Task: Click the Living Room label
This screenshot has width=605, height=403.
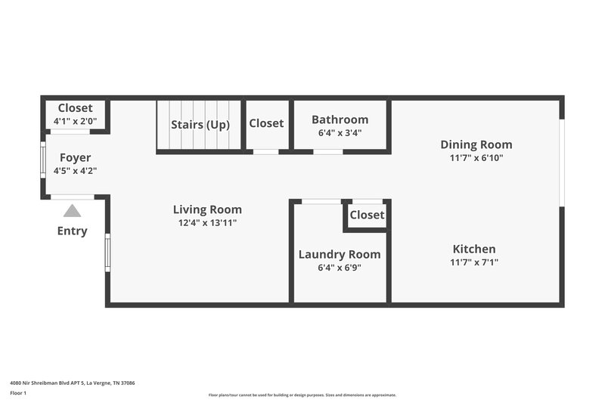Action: [207, 209]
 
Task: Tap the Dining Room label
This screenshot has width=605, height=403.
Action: [476, 144]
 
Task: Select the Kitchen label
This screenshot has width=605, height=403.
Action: [474, 249]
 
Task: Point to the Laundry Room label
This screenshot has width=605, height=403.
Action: [340, 254]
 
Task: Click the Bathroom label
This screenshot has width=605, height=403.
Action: [340, 119]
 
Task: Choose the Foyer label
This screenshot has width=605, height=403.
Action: [75, 157]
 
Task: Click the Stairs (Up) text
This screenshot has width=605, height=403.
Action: [200, 125]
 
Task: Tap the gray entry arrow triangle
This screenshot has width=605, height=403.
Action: [72, 211]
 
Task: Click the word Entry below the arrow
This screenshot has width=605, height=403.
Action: [72, 231]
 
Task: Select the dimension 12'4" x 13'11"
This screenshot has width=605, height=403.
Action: [207, 223]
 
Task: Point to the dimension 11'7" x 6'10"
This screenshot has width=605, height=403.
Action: [476, 158]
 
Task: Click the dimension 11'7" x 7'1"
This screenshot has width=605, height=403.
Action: [474, 262]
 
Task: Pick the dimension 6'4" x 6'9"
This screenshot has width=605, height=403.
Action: [340, 267]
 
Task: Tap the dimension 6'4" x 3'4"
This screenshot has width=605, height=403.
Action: [340, 133]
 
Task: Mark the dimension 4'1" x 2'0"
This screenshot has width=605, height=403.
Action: [75, 121]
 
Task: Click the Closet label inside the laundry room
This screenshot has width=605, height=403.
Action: [367, 215]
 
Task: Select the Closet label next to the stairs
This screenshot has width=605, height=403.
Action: [266, 123]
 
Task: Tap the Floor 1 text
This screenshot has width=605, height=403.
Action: [19, 393]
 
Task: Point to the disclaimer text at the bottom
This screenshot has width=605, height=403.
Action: [302, 395]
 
